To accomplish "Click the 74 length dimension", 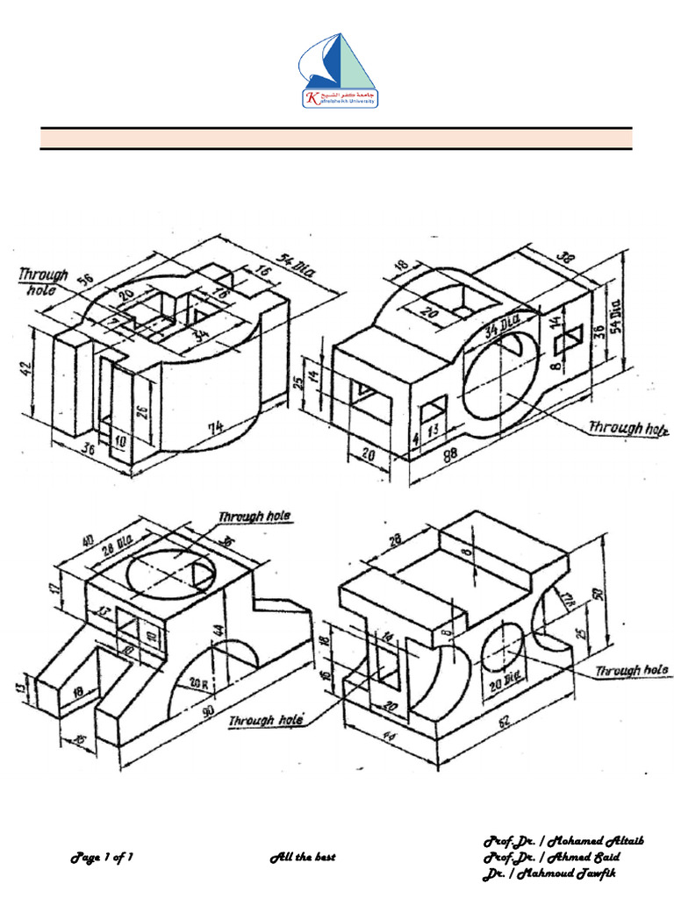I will [216, 428].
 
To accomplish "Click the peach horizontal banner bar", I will [336, 139].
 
